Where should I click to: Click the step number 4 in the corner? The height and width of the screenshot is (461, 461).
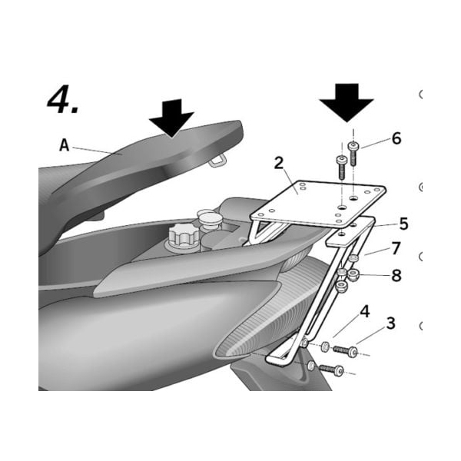pyautogui.click(x=62, y=99)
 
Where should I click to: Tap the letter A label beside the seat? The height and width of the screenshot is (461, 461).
pyautogui.click(x=65, y=145)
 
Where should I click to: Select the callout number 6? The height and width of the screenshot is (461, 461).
pyautogui.click(x=396, y=138)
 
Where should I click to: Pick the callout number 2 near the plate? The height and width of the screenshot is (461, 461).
pyautogui.click(x=279, y=163)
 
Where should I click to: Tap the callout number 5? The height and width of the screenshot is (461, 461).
pyautogui.click(x=403, y=224)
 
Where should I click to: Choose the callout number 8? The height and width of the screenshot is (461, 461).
pyautogui.click(x=396, y=274)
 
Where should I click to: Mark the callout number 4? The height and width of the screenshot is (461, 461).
pyautogui.click(x=365, y=311)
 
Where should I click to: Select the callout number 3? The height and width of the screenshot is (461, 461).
pyautogui.click(x=390, y=323)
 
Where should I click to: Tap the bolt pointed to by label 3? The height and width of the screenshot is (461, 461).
pyautogui.click(x=345, y=351)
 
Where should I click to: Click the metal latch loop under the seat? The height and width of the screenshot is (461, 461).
pyautogui.click(x=218, y=159)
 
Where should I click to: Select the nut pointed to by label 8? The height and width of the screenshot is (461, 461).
pyautogui.click(x=354, y=275)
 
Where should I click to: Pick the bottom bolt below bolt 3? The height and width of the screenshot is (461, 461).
pyautogui.click(x=330, y=370)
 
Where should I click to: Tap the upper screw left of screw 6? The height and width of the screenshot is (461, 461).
pyautogui.click(x=340, y=165)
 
